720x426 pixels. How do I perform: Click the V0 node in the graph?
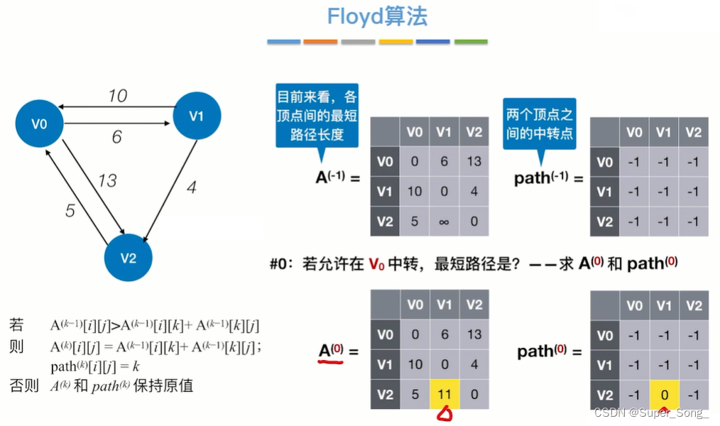(39, 124)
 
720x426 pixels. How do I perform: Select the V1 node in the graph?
(197, 116)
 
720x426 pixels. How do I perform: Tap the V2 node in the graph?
(129, 257)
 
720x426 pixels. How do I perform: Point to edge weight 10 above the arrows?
(117, 94)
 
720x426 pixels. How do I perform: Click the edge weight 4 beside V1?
(191, 188)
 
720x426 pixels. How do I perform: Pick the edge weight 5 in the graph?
(70, 211)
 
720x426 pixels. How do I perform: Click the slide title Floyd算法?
(377, 17)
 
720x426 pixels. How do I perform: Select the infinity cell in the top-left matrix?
(444, 221)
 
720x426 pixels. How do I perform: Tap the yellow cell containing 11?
(444, 394)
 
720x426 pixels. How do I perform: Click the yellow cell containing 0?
(663, 394)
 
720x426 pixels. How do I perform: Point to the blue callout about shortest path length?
(317, 116)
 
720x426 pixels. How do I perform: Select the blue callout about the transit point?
(540, 123)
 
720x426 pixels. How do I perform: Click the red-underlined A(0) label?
(331, 350)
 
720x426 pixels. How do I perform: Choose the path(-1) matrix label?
(542, 177)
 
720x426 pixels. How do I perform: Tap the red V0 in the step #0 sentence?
(376, 264)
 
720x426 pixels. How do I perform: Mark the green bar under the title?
(471, 42)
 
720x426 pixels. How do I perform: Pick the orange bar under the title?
(321, 42)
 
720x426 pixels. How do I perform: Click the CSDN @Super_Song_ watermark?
(651, 413)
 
